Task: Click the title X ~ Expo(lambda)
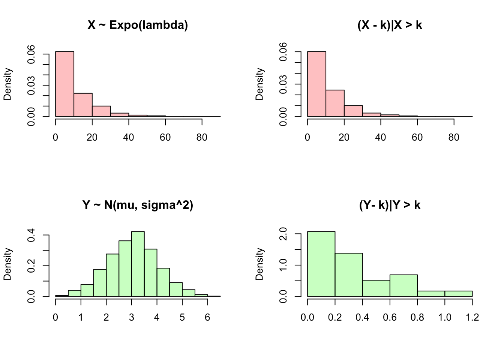pos(138,25)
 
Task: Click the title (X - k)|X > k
pos(390,25)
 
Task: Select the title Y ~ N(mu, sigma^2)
pos(138,205)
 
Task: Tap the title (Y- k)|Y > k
pos(390,205)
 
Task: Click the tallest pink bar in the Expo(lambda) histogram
pos(64,84)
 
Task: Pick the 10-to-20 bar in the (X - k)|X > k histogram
pos(335,103)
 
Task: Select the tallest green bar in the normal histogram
pos(138,264)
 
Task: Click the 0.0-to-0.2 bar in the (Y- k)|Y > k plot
pos(321,264)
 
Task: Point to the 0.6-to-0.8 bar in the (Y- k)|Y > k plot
pos(403,285)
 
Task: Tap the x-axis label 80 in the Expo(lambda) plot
pos(202,138)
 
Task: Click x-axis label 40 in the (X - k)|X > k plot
pos(381,138)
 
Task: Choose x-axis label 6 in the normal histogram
pos(207,318)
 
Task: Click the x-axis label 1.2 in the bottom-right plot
pos(472,318)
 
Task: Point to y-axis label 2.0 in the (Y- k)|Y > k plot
pos(283,234)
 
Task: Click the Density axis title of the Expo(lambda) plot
pos(8,84)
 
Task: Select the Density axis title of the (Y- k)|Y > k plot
pos(260,264)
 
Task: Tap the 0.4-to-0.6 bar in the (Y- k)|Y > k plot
pos(376,288)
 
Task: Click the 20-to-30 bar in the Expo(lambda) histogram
pos(101,111)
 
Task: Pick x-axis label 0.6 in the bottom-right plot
pos(390,318)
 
